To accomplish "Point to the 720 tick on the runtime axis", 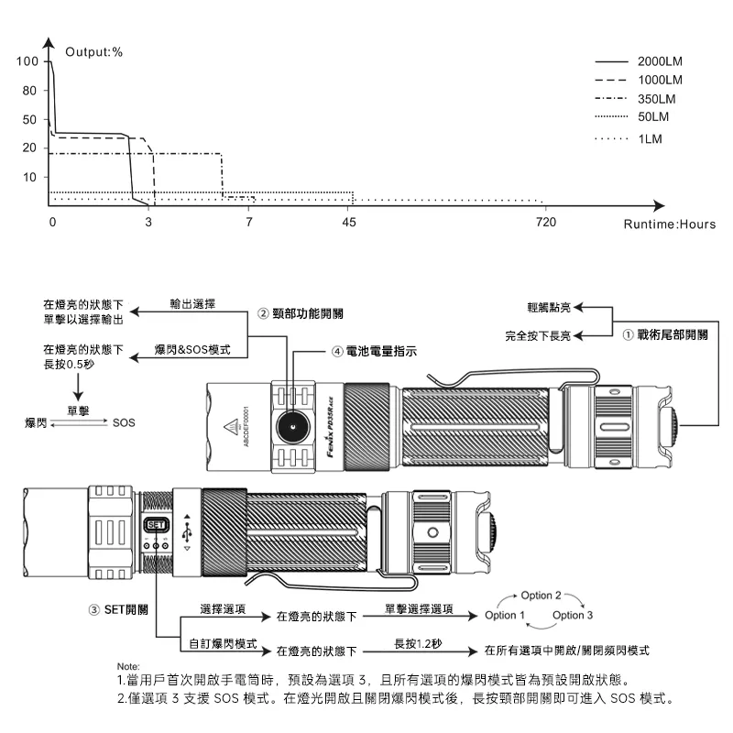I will (x=545, y=223).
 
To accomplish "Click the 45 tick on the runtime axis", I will (x=348, y=223).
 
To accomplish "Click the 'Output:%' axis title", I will (x=93, y=51).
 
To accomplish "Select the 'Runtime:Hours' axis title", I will (x=669, y=224).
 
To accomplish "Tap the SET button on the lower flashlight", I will (x=155, y=525).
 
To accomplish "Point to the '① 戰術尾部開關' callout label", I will (x=664, y=335).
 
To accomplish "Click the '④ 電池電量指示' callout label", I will (x=374, y=351).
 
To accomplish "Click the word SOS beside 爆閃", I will (x=123, y=422).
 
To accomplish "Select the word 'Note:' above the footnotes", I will (x=128, y=665).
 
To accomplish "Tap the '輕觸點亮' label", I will (x=550, y=309).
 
